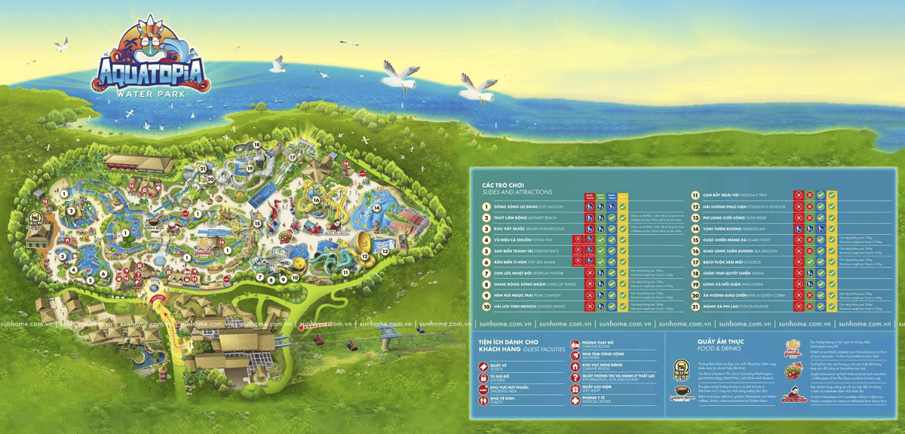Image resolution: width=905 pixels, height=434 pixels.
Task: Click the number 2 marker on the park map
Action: [70, 212]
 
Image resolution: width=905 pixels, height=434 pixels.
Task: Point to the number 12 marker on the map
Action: [364, 256]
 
